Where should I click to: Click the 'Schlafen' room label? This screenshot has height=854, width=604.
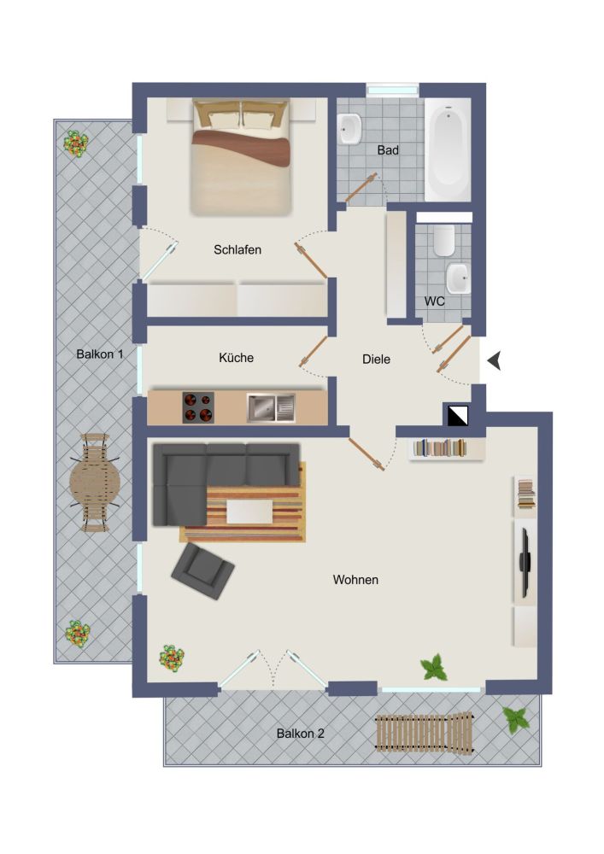[237, 250]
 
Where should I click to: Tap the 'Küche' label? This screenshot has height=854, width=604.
[236, 358]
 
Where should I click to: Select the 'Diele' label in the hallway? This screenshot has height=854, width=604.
[376, 360]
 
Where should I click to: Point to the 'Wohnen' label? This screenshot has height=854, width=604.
[355, 580]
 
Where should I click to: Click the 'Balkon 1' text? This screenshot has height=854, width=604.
[100, 354]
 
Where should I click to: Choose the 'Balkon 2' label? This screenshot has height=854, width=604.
[300, 733]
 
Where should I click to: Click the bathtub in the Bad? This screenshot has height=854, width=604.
[448, 149]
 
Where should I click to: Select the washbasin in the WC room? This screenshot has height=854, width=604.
[457, 277]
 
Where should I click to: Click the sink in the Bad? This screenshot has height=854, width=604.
[350, 130]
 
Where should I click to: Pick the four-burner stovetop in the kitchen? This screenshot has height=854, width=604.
[198, 407]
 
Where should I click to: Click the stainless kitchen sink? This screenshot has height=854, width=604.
[270, 407]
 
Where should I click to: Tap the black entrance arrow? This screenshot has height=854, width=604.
[493, 364]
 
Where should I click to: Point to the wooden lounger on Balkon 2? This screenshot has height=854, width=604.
[424, 732]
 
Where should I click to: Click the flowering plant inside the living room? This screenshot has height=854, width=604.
[172, 658]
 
